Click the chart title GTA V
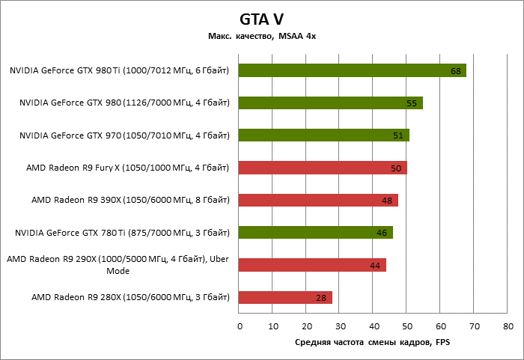pos(261,19)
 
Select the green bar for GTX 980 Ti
pos(353,70)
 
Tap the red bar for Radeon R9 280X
pos(285,298)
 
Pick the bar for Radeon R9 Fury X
pos(323,168)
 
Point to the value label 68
pos(455,71)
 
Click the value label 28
pos(321,298)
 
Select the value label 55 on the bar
pos(411,103)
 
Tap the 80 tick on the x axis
pos(508,326)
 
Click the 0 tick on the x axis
pos(240,326)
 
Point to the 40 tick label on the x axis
pos(374,326)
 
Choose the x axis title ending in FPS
pos(372,342)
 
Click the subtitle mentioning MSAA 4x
pos(261,37)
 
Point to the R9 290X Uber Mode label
pos(118,265)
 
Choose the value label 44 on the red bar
pos(375,266)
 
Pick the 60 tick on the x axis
pos(441,326)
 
